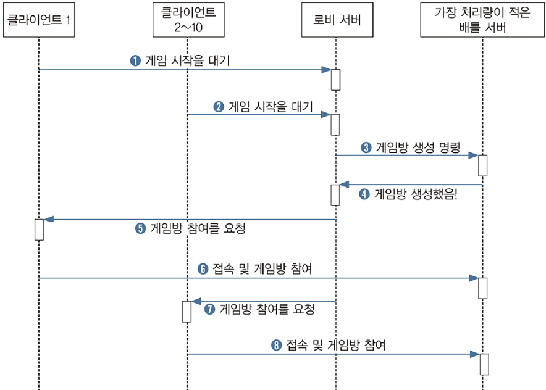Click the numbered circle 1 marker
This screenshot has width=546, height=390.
[x=135, y=60]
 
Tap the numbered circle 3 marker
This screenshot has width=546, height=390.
[x=366, y=147]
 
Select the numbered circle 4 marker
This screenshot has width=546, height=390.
[x=365, y=194]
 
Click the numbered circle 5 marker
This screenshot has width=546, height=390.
[x=140, y=228]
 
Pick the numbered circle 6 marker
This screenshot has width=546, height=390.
[x=203, y=269]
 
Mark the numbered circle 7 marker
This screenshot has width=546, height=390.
[x=209, y=310]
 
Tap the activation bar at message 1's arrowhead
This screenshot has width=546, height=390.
[x=335, y=80]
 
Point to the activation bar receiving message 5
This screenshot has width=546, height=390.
[x=39, y=229]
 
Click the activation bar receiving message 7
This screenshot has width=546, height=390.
[x=187, y=311]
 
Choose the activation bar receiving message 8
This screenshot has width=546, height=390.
[x=484, y=363]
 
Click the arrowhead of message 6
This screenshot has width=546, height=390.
[x=475, y=278]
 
